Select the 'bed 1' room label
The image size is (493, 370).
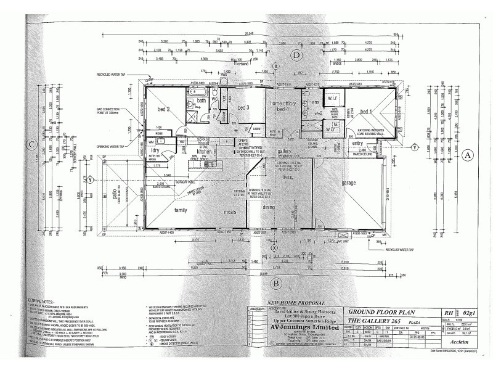click(x=367, y=112)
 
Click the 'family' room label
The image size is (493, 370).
click(x=181, y=210)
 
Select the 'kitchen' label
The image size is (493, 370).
click(x=205, y=151)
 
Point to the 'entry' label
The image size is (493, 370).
click(x=358, y=143)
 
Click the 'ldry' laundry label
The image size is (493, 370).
click(x=156, y=150)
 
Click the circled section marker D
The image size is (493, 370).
click(x=296, y=55)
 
